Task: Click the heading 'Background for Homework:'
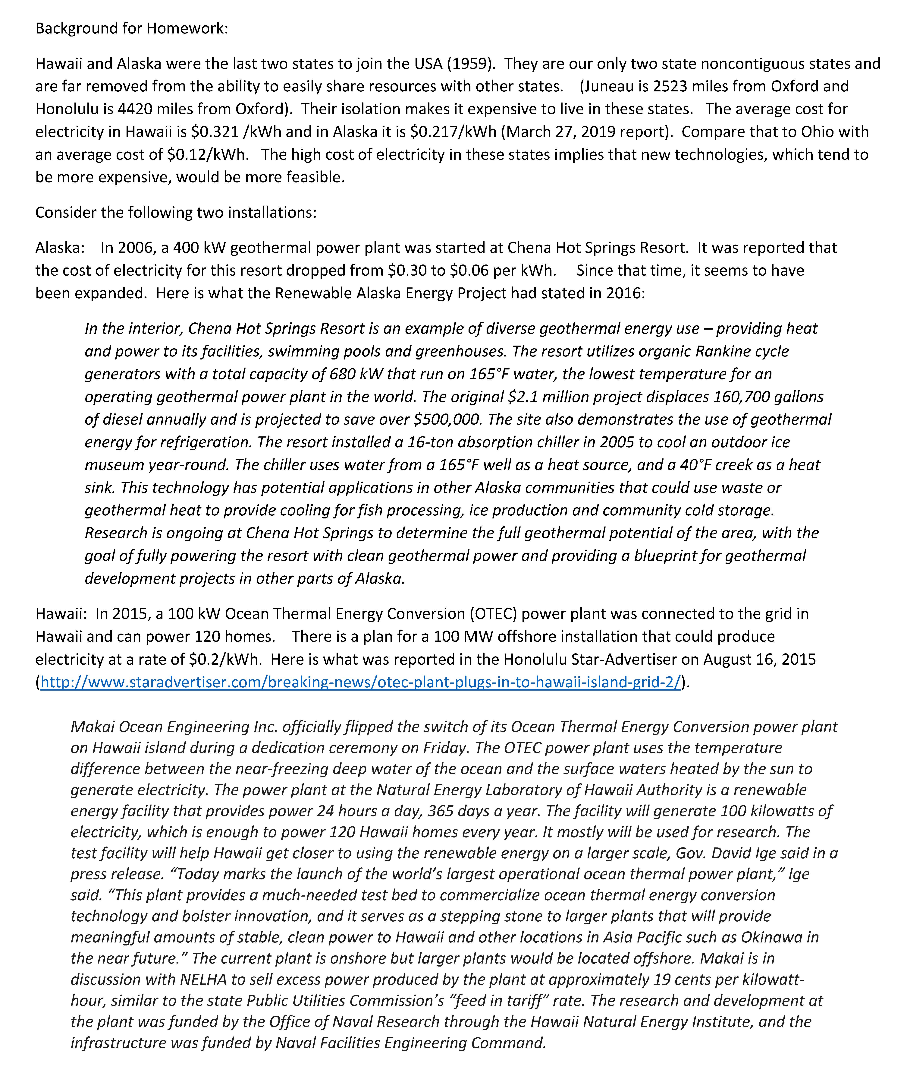click(132, 28)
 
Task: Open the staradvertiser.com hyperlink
click(360, 682)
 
